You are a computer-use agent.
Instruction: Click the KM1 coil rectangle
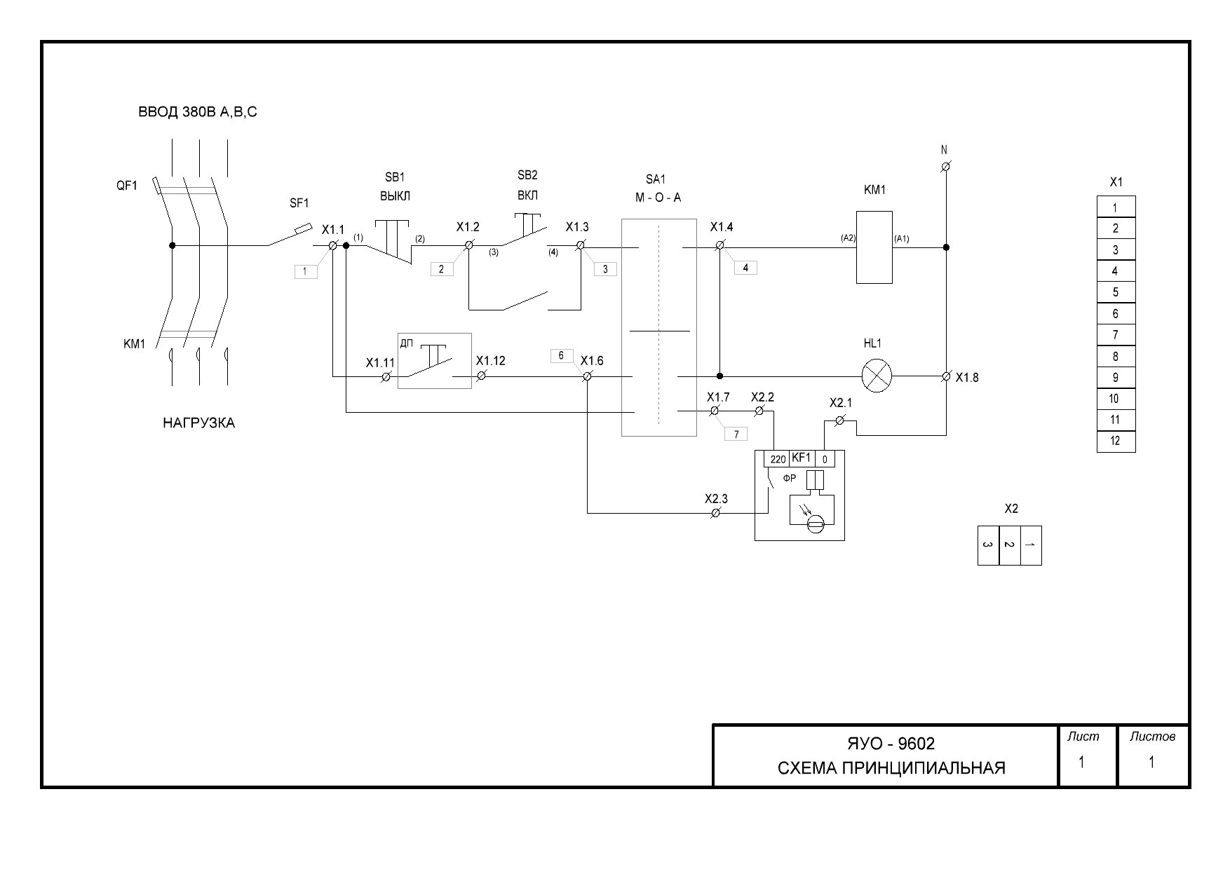click(874, 247)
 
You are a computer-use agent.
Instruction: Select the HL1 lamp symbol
click(876, 376)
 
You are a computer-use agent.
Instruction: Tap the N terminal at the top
click(945, 166)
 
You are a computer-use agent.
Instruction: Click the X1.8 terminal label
click(967, 378)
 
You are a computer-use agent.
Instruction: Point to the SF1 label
click(299, 203)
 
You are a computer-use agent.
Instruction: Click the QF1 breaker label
click(127, 186)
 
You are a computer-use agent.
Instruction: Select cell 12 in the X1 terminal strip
click(1116, 442)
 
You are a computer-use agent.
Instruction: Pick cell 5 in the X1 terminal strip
click(1116, 292)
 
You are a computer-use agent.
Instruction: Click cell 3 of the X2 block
click(988, 545)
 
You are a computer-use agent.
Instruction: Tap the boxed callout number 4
click(745, 268)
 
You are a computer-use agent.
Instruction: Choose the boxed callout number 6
click(561, 356)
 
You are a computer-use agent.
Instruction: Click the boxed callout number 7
click(736, 434)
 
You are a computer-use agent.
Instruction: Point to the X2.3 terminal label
click(716, 499)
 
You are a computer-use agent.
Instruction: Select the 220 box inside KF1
click(778, 460)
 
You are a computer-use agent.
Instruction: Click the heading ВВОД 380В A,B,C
click(198, 112)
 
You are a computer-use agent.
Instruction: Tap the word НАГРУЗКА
click(199, 423)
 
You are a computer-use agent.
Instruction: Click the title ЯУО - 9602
click(891, 744)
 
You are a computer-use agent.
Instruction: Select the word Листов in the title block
click(1152, 737)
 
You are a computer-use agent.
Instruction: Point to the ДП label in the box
click(407, 343)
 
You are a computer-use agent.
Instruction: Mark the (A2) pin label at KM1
click(848, 238)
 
